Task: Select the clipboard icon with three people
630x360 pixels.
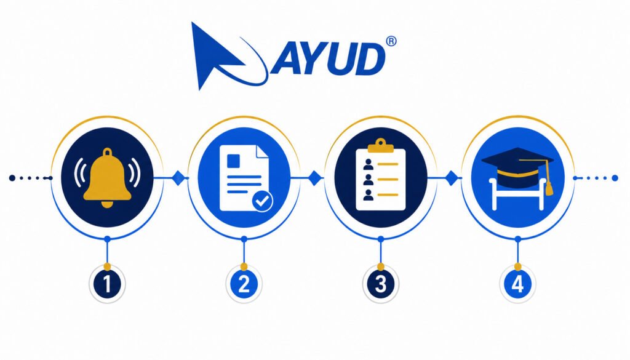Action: pyautogui.click(x=381, y=175)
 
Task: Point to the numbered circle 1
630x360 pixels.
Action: pyautogui.click(x=107, y=284)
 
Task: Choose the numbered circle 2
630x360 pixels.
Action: pyautogui.click(x=244, y=284)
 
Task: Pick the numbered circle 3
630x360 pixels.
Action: pyautogui.click(x=380, y=284)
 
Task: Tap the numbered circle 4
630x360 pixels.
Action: pyautogui.click(x=517, y=284)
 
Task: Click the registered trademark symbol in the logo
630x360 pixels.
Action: pyautogui.click(x=391, y=41)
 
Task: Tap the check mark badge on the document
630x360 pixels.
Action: pyautogui.click(x=262, y=201)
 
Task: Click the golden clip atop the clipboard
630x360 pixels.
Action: pyautogui.click(x=380, y=146)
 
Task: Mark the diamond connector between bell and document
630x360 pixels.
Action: pyautogui.click(x=179, y=178)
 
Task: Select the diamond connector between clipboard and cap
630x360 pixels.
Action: pyautogui.click(x=452, y=178)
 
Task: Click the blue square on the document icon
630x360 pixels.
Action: pyautogui.click(x=233, y=161)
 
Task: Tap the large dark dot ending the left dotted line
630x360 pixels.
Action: pyautogui.click(x=12, y=178)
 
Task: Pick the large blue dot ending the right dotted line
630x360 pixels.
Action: pyautogui.click(x=615, y=178)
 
